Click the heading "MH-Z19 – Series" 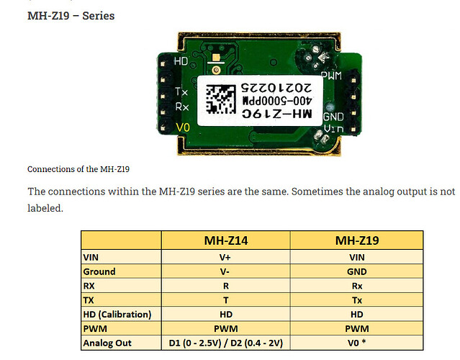[71, 16]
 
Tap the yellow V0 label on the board [183, 127]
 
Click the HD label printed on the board [181, 61]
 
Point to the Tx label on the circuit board [181, 91]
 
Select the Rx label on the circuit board [182, 107]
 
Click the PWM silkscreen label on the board [332, 76]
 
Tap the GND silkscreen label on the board [333, 117]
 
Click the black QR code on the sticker [220, 99]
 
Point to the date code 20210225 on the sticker [276, 88]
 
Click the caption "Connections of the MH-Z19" [78, 169]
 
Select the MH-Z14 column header [226, 240]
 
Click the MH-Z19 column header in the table [357, 240]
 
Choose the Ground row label [99, 271]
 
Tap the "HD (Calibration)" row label [117, 315]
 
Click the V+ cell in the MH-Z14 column [225, 257]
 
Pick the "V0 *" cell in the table [357, 343]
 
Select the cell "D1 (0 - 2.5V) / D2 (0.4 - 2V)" [226, 343]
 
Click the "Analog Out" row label [107, 343]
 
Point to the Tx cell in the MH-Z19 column [357, 300]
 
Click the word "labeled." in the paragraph [45, 208]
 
